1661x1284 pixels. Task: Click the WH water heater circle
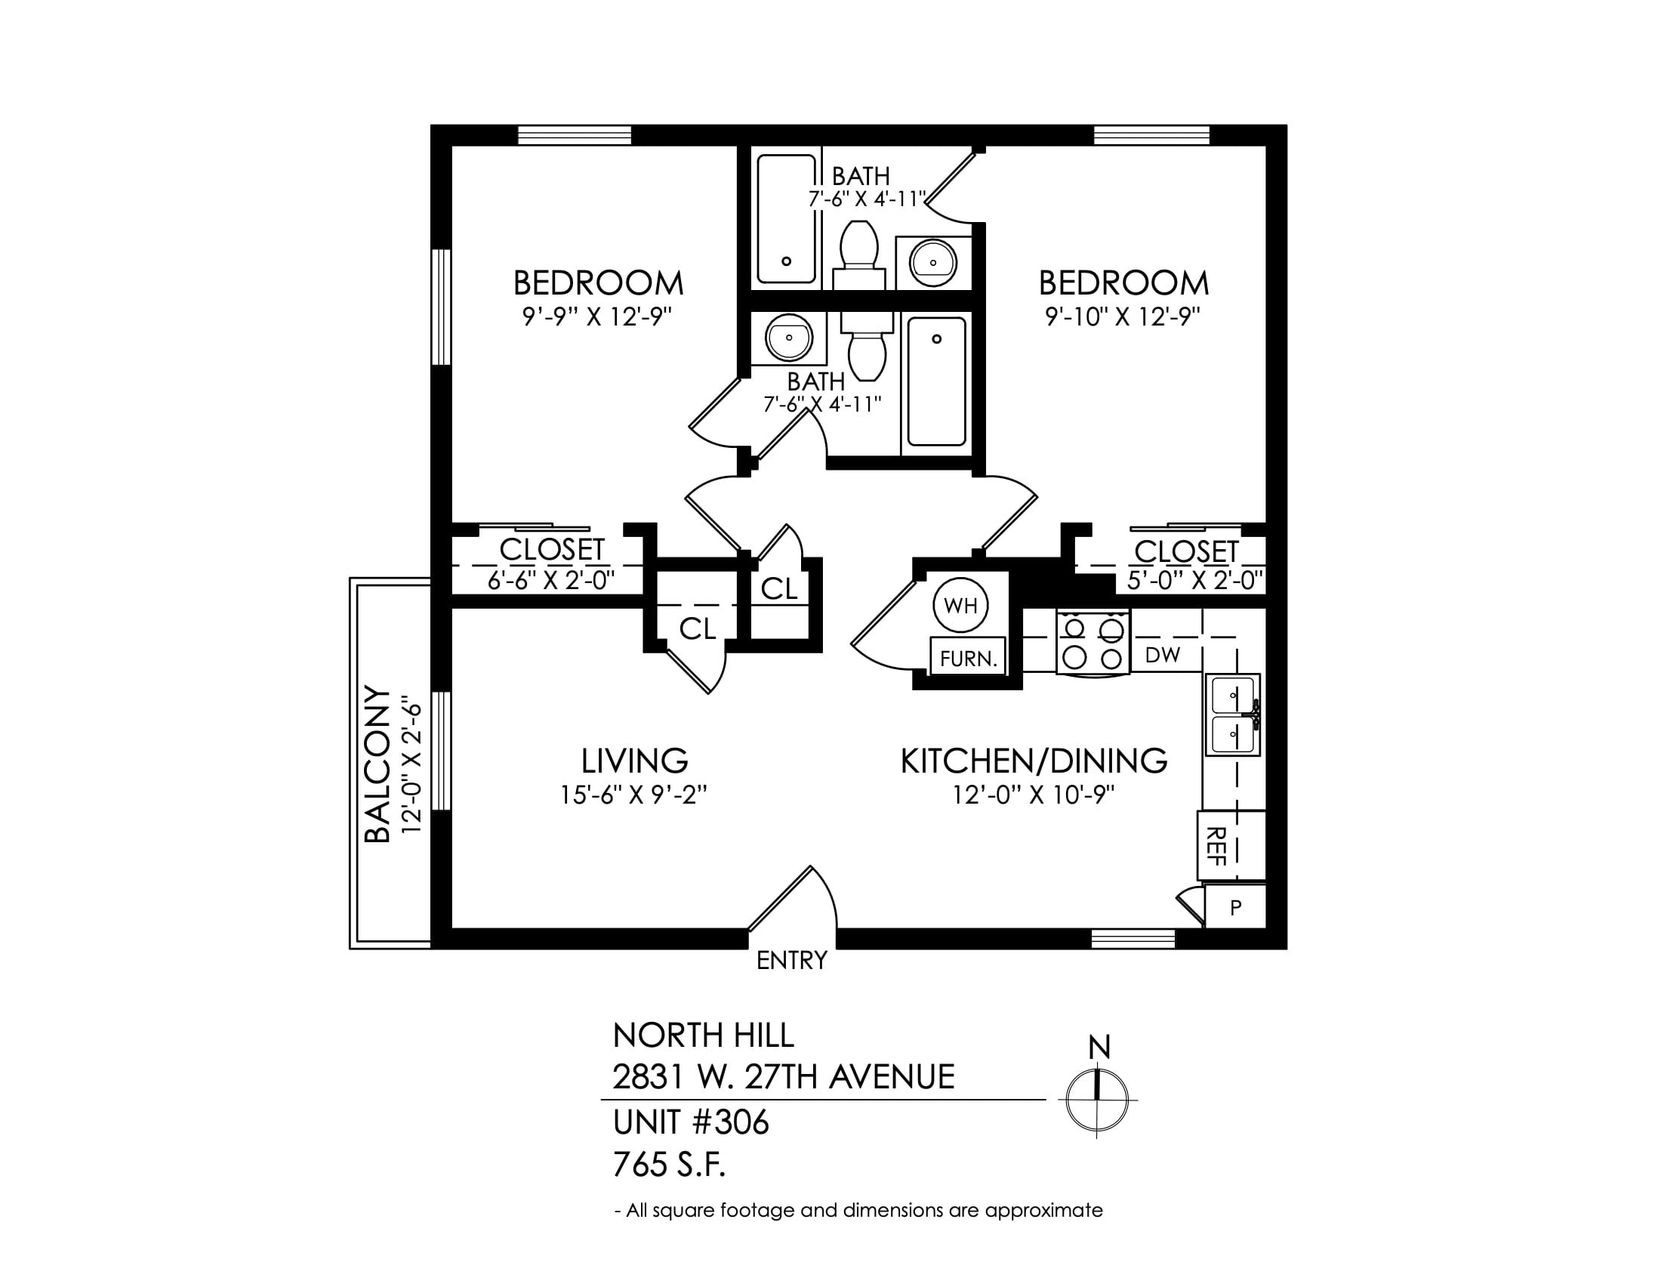click(960, 606)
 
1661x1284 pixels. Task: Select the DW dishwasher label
click(1162, 655)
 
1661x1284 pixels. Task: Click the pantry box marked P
click(1235, 907)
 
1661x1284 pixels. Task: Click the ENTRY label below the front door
click(792, 961)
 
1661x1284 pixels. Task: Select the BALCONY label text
click(378, 764)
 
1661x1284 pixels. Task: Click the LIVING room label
click(634, 761)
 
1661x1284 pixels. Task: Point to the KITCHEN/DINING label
click(1034, 761)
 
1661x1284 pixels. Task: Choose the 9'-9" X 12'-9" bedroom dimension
click(599, 316)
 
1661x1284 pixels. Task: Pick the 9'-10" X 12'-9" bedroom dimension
click(1123, 316)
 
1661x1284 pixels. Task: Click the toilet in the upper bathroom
click(859, 254)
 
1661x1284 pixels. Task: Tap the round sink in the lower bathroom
click(789, 338)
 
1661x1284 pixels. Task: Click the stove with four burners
click(1093, 641)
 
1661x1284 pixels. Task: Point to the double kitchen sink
click(1232, 715)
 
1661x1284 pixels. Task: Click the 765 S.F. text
click(669, 1165)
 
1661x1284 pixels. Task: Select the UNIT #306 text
click(692, 1122)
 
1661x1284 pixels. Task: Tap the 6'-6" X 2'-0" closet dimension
click(550, 580)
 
